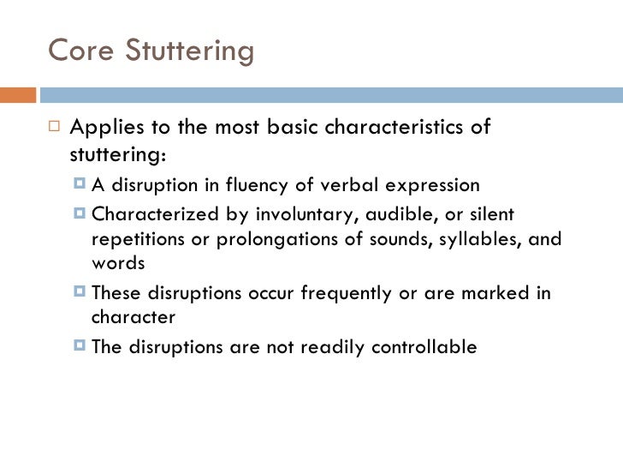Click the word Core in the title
click(76, 51)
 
